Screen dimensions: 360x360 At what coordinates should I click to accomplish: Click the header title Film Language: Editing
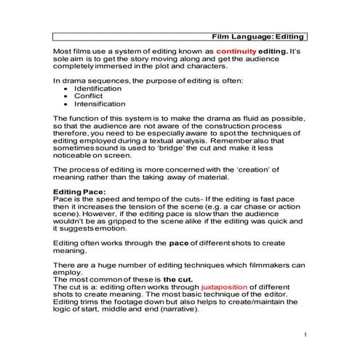pos(257,35)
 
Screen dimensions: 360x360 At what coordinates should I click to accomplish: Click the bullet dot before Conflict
pos(67,96)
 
